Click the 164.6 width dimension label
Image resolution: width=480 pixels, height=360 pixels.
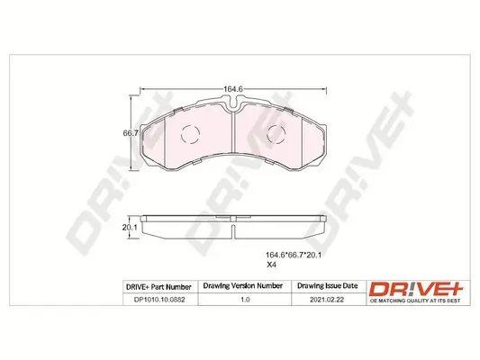pos(233,89)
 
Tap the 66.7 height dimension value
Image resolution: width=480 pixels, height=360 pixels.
pos(131,133)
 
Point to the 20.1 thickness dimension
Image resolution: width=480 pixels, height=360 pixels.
pos(130,228)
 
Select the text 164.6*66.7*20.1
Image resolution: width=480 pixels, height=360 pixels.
pos(294,255)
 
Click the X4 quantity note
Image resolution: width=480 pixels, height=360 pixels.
pos(271,265)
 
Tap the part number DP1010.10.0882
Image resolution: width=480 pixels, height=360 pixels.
pos(159,300)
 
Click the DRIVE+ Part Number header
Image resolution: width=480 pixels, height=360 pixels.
pos(158,287)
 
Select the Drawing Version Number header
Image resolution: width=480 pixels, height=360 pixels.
pos(243,285)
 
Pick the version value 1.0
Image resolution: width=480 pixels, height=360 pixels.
pos(245,300)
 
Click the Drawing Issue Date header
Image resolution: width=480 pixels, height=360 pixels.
pos(328,285)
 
